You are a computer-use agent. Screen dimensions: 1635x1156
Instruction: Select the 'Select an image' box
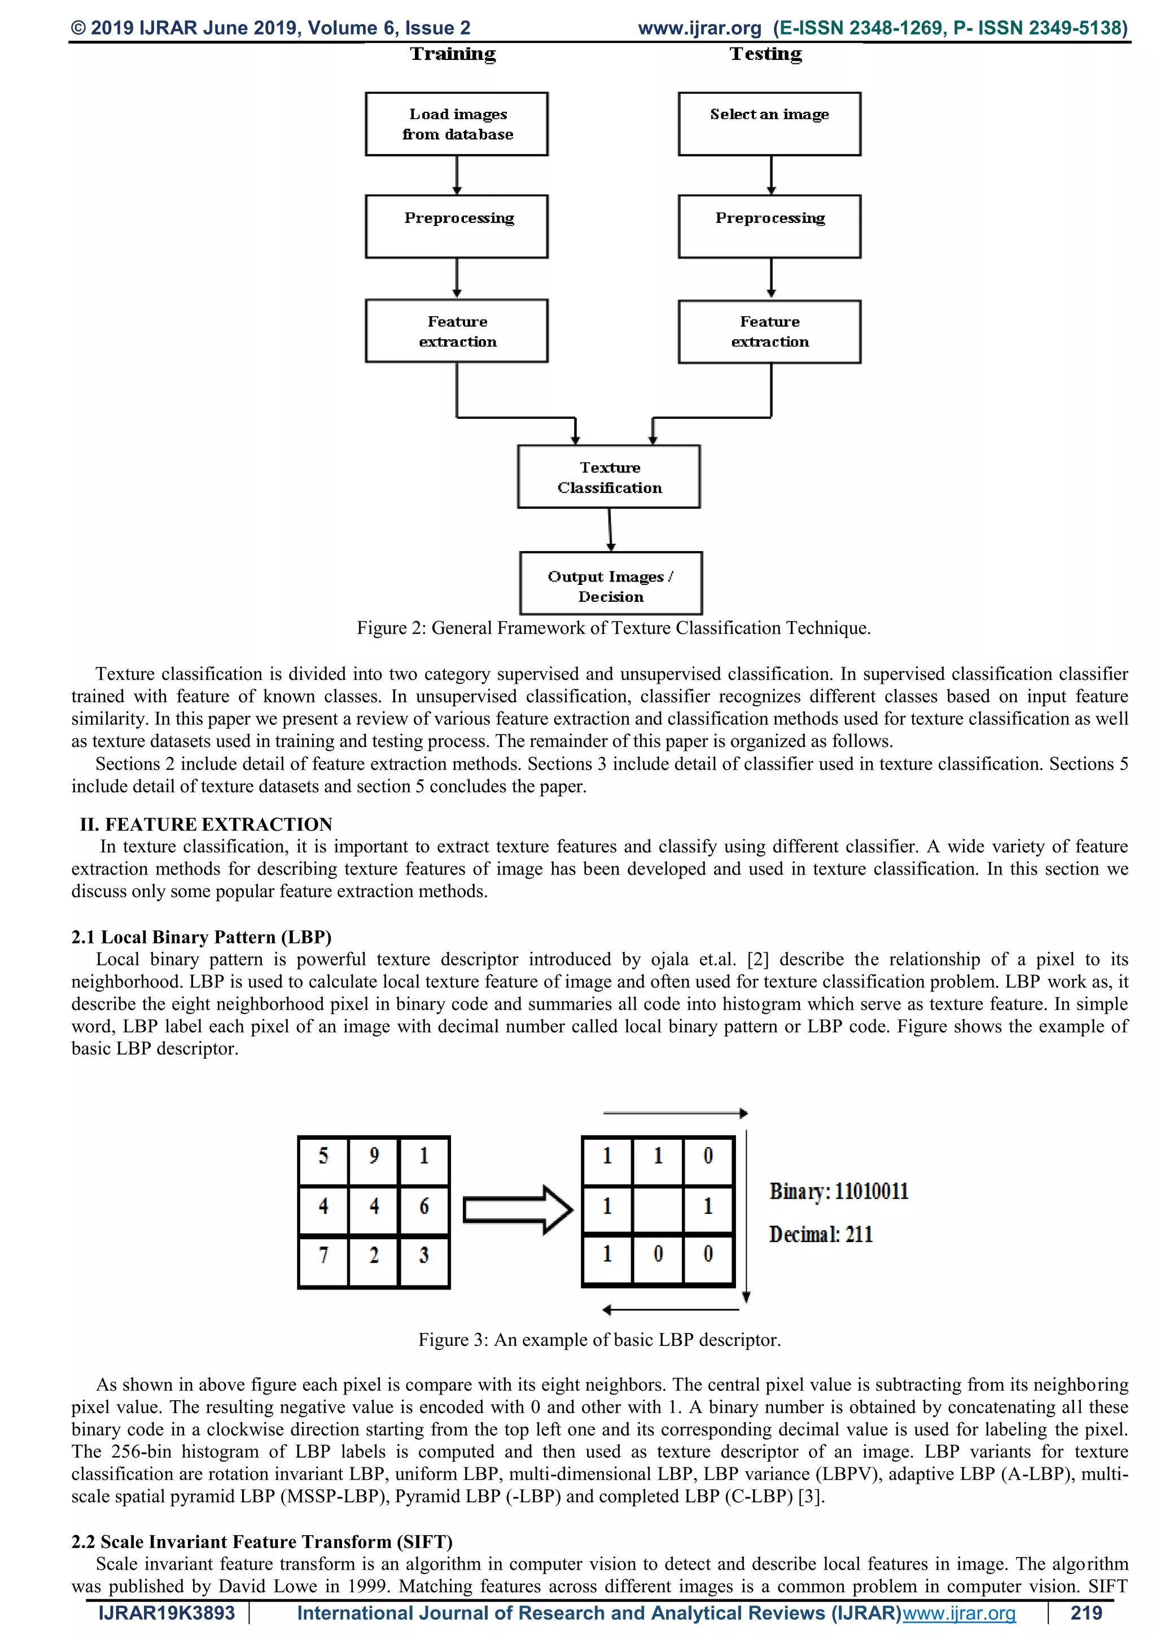769,124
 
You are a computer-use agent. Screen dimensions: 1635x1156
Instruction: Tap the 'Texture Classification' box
608,477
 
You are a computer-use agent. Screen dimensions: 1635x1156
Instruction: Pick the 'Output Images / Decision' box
611,583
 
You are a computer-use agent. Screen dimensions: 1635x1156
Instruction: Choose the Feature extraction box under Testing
769,332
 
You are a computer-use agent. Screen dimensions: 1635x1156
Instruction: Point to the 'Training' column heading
453,54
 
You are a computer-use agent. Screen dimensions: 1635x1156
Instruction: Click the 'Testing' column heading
766,54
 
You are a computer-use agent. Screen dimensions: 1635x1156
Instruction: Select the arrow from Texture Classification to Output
610,529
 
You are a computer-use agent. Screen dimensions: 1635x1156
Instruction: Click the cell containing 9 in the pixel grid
374,1156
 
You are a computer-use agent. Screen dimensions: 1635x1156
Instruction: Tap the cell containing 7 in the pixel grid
323,1254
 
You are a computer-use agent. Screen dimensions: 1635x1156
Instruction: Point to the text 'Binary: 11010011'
839,1191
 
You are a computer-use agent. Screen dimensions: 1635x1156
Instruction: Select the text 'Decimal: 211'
821,1234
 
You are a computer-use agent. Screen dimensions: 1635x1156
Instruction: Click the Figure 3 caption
599,1340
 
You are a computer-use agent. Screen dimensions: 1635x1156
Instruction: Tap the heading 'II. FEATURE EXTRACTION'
205,825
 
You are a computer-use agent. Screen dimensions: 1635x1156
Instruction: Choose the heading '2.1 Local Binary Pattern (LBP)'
202,937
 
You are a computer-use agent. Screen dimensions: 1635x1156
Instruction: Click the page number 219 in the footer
1085,1613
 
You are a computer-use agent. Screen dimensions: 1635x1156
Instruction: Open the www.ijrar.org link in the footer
959,1613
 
